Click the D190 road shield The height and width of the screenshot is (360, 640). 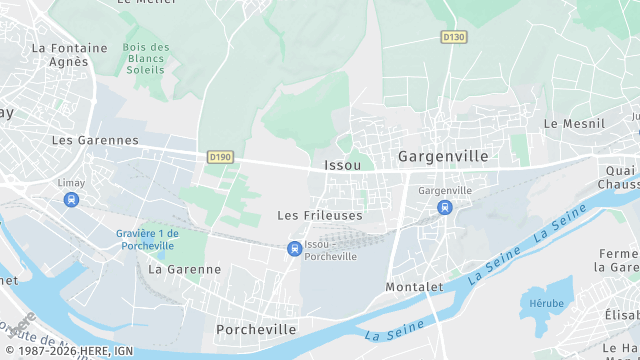click(x=220, y=157)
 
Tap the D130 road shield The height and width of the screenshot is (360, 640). click(x=454, y=37)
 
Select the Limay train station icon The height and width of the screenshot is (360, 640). click(x=70, y=200)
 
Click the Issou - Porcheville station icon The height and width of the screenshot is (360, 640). click(x=294, y=248)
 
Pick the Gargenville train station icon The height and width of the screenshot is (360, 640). click(x=444, y=207)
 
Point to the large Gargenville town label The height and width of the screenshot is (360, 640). click(x=443, y=156)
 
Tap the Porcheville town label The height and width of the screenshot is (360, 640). click(x=256, y=329)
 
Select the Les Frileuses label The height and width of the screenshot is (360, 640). click(x=319, y=215)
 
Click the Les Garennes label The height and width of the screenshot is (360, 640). click(x=95, y=140)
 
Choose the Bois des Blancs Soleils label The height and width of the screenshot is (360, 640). click(x=146, y=58)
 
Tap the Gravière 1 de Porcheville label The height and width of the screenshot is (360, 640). click(x=146, y=240)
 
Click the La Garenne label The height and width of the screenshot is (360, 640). click(x=184, y=269)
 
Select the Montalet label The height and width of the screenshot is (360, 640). click(x=414, y=286)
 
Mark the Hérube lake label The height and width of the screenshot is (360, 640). click(x=547, y=303)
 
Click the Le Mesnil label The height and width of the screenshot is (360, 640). click(x=574, y=123)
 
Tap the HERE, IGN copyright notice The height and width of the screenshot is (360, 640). click(x=67, y=351)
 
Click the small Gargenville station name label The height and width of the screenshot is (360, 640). click(x=445, y=190)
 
